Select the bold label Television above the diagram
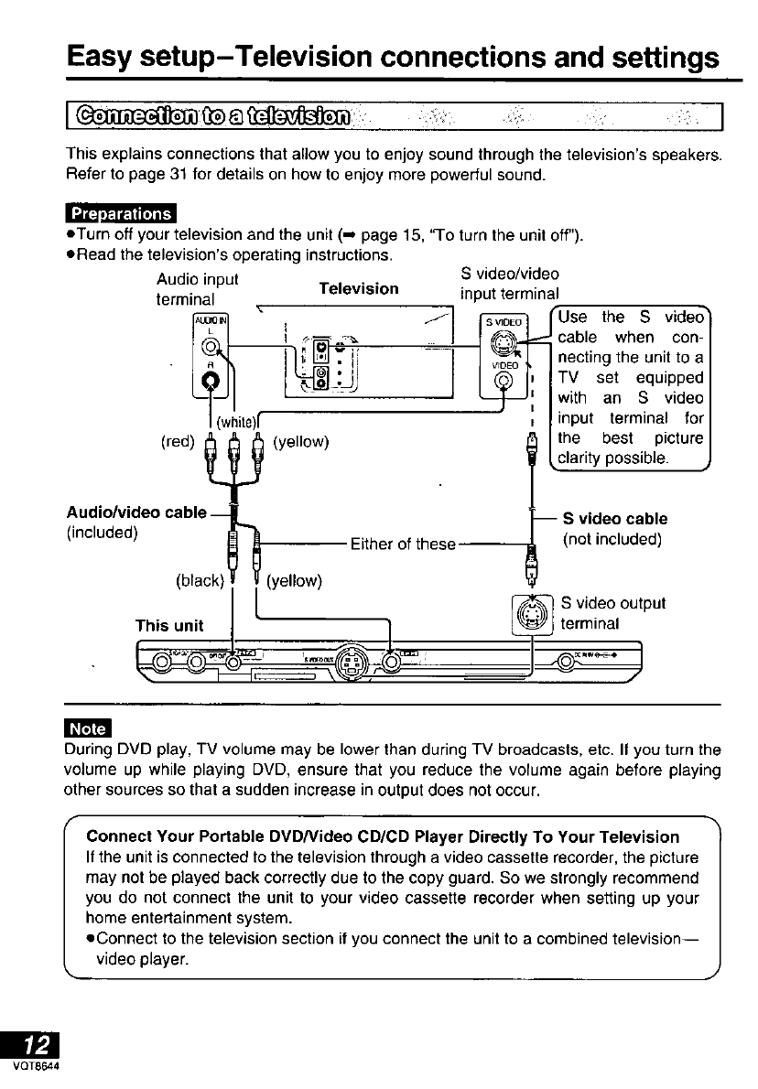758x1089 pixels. tap(358, 288)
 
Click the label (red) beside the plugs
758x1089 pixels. tap(176, 442)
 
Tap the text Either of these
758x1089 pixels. tap(403, 544)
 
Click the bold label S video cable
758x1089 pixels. tap(614, 519)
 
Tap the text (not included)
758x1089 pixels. tap(612, 538)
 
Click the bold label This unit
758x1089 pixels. tap(169, 626)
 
